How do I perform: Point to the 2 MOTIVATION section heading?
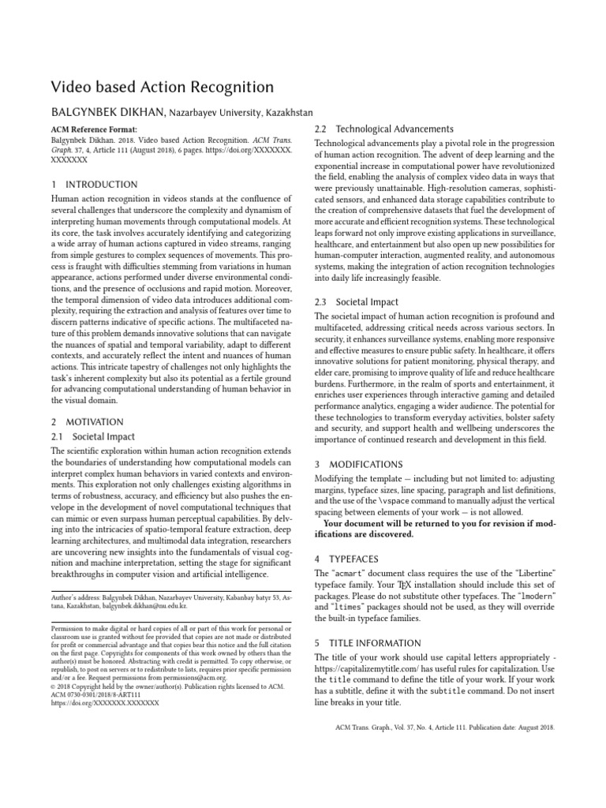tap(87, 422)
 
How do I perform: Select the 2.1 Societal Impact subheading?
tap(93, 436)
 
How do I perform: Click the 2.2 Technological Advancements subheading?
tap(383, 129)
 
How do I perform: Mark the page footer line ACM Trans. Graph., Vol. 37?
tap(440, 728)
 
